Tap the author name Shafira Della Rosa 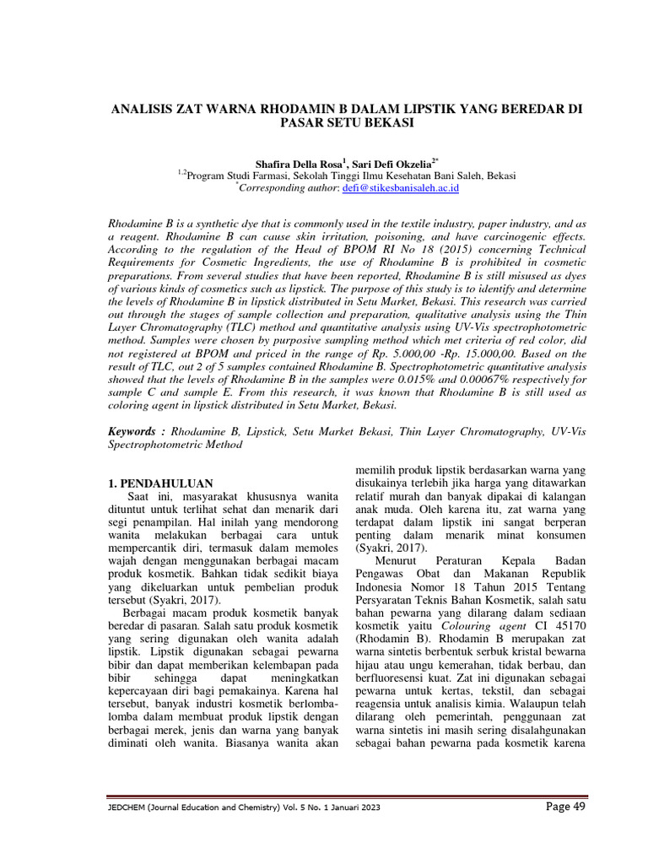tap(300, 162)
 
